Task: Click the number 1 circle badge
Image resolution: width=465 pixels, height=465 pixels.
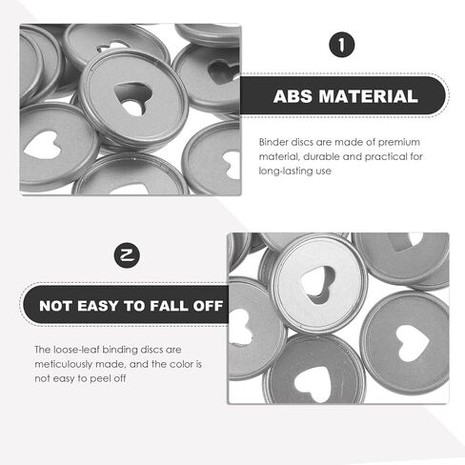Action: click(x=342, y=45)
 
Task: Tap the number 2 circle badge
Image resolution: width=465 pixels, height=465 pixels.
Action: click(x=127, y=255)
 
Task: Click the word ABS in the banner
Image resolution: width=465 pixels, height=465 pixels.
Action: click(x=293, y=96)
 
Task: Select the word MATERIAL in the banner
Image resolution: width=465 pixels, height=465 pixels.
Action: click(x=369, y=96)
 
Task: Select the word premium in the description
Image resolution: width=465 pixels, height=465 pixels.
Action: click(x=399, y=142)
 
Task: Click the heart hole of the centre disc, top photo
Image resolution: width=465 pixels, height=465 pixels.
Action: click(x=132, y=98)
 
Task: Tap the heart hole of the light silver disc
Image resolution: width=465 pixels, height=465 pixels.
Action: click(x=318, y=284)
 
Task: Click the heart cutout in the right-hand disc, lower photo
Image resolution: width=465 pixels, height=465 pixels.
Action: click(x=412, y=343)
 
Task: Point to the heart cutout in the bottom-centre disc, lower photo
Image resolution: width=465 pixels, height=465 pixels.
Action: click(x=313, y=384)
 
